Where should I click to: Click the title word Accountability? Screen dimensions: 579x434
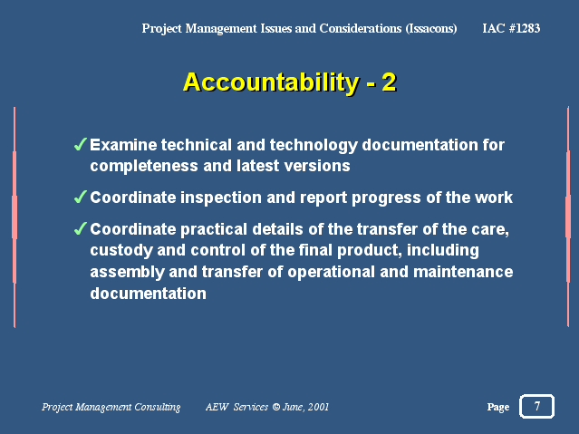[x=271, y=82]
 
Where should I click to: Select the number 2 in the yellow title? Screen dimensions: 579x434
[x=390, y=82]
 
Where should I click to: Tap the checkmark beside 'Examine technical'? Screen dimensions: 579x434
[x=80, y=144]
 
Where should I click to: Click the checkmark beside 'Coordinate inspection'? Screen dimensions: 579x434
[x=80, y=197]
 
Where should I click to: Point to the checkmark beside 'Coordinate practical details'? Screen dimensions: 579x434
[x=80, y=228]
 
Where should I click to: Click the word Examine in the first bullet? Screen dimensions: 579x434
[x=123, y=145]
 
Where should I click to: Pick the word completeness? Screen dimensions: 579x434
[x=144, y=166]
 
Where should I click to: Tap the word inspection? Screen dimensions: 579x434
[x=221, y=198]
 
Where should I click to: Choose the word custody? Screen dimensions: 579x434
[x=121, y=251]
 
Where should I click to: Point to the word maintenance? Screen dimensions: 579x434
[x=463, y=272]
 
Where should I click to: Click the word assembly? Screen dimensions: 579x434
[x=127, y=273]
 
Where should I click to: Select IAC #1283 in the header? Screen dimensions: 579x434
[x=511, y=28]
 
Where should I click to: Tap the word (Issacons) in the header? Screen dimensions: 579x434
[x=431, y=28]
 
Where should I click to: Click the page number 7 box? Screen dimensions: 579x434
[x=537, y=406]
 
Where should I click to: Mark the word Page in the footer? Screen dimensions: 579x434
[x=498, y=407]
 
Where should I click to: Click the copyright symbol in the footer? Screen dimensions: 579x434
[x=276, y=407]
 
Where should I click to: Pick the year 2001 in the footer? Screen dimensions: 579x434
[x=318, y=407]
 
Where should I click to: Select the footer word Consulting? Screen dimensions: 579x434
[x=158, y=407]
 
